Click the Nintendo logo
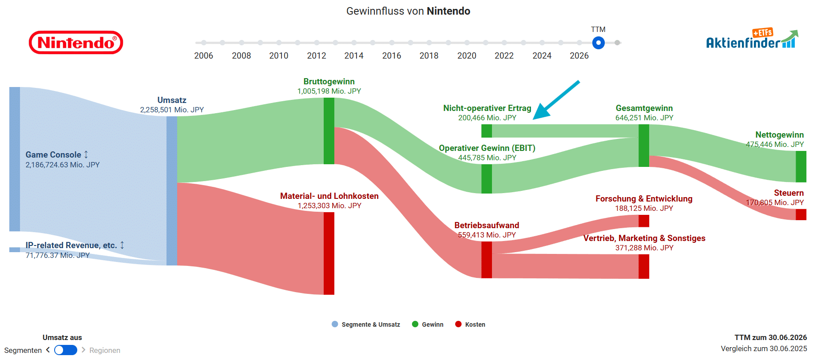76,43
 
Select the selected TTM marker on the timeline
599,43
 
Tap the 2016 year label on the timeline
392,55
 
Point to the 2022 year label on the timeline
504,55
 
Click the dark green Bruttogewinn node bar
329,131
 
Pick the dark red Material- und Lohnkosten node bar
329,253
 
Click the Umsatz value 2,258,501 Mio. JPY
172,110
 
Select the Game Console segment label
53,154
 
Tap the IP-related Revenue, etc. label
71,245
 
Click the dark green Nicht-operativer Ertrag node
487,131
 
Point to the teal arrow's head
535,118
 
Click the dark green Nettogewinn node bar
801,166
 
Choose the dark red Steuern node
801,214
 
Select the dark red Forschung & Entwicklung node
644,221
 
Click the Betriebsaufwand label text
487,225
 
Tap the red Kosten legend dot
458,324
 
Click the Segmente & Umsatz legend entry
366,324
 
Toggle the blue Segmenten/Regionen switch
66,350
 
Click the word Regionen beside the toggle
105,350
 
